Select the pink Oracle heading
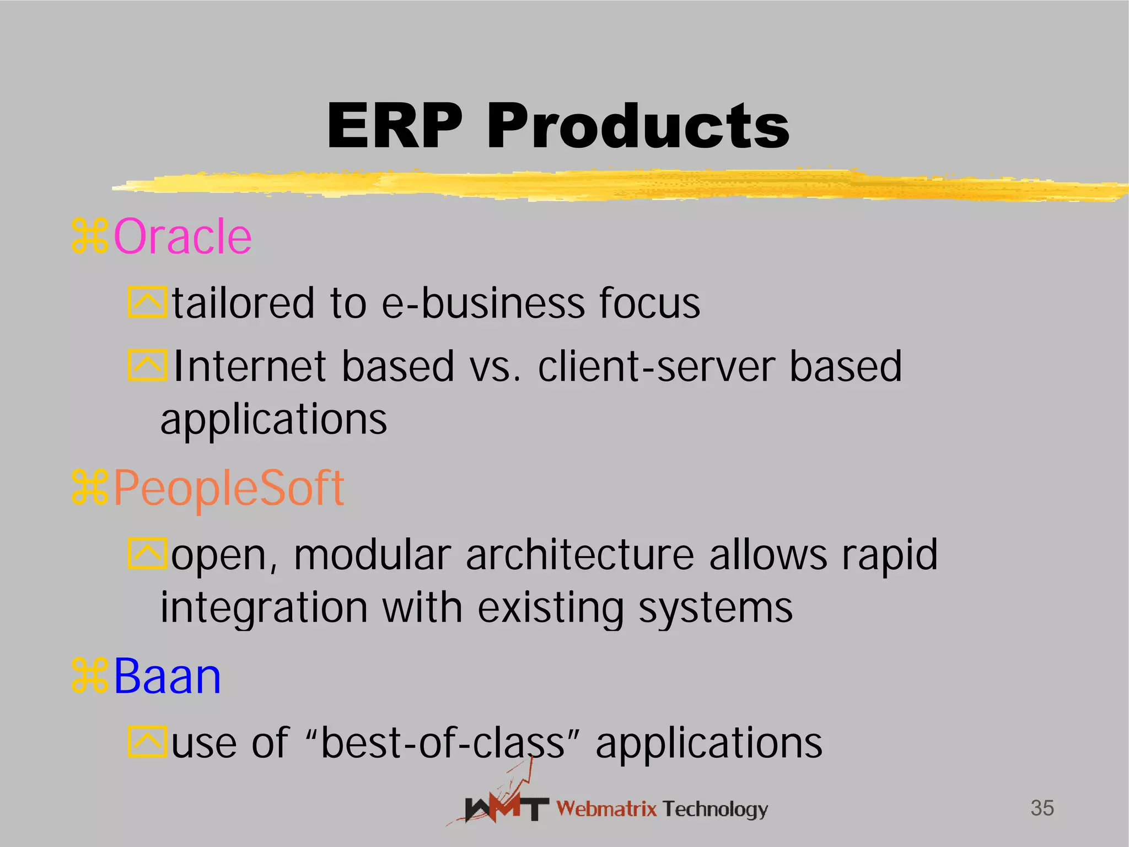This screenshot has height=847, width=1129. pyautogui.click(x=182, y=237)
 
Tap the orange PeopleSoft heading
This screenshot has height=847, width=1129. pyautogui.click(x=229, y=488)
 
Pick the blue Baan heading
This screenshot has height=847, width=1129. pyautogui.click(x=167, y=677)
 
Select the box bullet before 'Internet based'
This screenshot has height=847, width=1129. pyautogui.click(x=147, y=365)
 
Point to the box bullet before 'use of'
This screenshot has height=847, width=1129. pyautogui.click(x=147, y=742)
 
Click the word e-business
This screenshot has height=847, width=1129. pyautogui.click(x=483, y=303)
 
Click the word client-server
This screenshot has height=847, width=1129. pyautogui.click(x=656, y=367)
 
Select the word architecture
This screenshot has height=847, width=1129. pyautogui.click(x=580, y=555)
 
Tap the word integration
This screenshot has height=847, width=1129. pyautogui.click(x=264, y=608)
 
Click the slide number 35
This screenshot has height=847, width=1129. pyautogui.click(x=1042, y=808)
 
